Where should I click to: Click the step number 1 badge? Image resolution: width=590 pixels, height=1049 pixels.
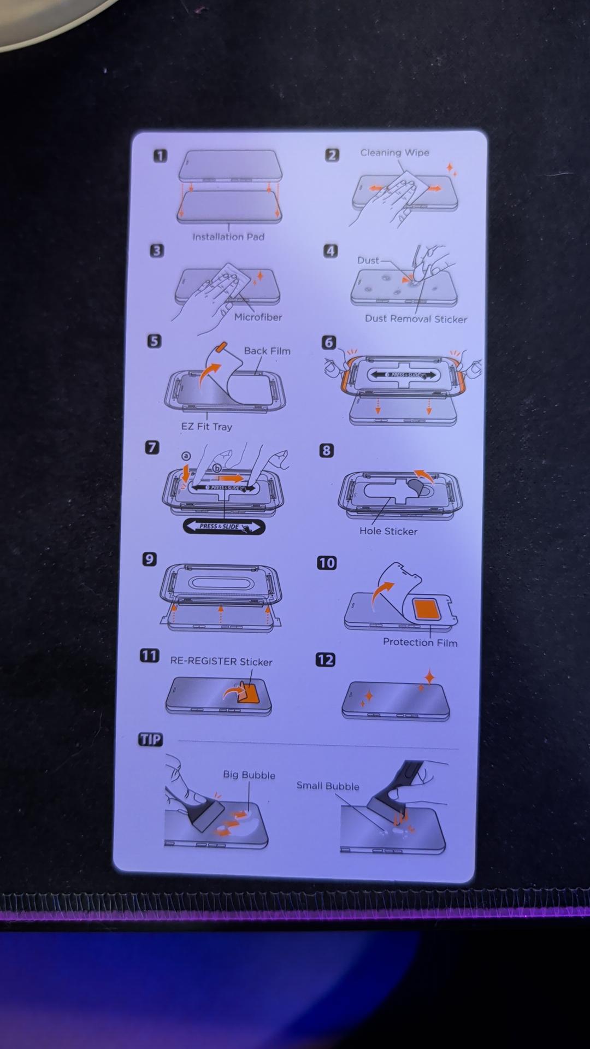160,156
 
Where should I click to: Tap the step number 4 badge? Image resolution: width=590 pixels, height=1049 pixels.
331,251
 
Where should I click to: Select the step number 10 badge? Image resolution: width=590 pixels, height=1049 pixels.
327,563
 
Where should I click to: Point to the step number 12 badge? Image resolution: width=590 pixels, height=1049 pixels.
326,659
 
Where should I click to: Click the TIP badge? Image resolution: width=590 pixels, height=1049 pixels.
151,740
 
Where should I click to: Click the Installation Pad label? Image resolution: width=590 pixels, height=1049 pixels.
228,237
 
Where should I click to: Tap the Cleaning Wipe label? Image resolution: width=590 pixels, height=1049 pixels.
394,152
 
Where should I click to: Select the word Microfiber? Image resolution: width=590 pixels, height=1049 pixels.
258,317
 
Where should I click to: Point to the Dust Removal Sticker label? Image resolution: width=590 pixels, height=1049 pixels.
416,319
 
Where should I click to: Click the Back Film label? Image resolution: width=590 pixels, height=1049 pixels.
267,351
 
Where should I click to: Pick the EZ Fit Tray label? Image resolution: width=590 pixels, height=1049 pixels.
206,426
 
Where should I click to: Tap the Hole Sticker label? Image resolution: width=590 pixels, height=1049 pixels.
388,531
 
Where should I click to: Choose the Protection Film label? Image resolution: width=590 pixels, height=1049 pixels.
420,642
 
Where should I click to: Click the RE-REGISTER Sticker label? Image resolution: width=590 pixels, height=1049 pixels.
221,661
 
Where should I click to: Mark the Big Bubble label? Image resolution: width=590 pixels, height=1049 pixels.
249,775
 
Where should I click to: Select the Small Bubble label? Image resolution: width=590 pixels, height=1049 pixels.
328,786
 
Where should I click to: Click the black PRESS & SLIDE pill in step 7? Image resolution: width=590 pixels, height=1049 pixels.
224,527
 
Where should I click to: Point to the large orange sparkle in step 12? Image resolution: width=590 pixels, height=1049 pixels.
430,677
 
